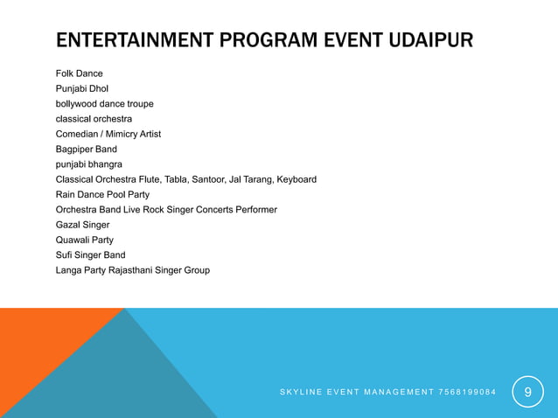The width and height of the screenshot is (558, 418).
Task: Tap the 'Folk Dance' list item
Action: coord(79,73)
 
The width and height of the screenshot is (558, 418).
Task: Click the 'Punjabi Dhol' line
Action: coord(82,88)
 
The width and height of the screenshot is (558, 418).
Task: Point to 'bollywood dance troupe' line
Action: coord(104,103)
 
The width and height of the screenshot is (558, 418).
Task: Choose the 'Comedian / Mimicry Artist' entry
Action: coord(108,134)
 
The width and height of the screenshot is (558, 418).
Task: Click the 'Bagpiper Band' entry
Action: coord(86,150)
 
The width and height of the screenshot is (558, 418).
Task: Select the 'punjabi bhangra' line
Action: coord(88,164)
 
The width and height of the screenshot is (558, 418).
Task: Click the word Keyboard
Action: coord(296,179)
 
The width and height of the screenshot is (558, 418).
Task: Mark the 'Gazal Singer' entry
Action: coord(82,225)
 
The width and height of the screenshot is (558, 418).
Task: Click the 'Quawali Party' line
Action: coord(84,240)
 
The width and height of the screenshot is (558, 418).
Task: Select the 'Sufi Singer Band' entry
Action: coord(90,255)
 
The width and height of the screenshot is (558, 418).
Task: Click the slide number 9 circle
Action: coord(527,392)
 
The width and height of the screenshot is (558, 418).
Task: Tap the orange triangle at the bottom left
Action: coord(35,359)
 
